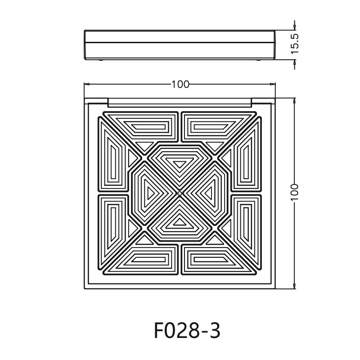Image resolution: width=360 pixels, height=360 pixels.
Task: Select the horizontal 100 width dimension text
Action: point(180,84)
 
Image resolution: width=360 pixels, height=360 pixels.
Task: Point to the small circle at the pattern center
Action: point(180,193)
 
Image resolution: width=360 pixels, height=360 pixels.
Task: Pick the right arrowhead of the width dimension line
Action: point(273,84)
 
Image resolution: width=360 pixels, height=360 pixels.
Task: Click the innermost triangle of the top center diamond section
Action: point(180,164)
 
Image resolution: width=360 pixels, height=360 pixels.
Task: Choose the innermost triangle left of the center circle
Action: point(151,193)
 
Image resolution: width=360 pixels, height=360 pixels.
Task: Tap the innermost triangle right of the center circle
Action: point(208,193)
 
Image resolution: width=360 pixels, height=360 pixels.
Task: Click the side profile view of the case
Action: point(180,45)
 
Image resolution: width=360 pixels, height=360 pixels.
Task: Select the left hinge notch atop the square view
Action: point(96,101)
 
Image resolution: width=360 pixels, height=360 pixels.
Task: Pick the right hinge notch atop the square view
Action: point(263,101)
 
